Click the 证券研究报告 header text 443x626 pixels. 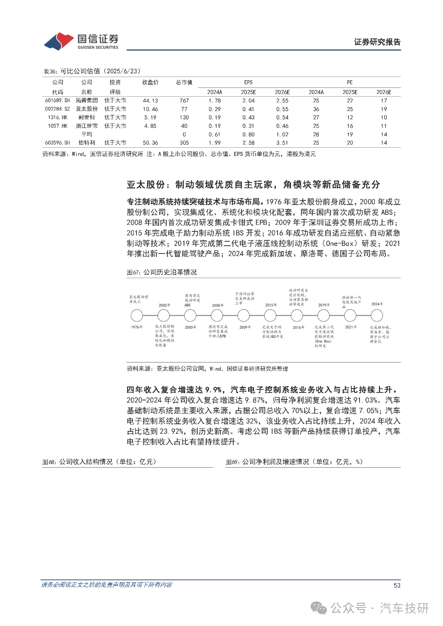tap(377, 42)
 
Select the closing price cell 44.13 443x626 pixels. tap(150, 101)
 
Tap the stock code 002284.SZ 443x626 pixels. tap(57, 109)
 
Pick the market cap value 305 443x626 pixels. tap(184, 143)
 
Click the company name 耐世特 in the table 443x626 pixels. tap(87, 118)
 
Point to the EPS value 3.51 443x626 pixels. tap(282, 143)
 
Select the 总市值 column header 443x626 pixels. tap(184, 82)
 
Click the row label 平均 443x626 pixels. tap(87, 135)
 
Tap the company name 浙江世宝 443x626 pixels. tap(87, 126)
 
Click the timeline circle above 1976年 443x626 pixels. tap(137, 315)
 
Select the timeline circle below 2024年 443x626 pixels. tap(377, 315)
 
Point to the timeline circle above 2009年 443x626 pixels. tap(243, 315)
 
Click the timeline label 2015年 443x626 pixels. tap(271, 305)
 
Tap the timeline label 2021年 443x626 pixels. tap(351, 327)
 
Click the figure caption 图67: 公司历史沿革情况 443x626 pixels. tap(162, 273)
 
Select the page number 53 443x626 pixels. tap(397, 585)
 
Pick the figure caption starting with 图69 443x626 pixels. tap(294, 462)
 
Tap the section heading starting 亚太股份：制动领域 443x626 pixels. tap(253, 185)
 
